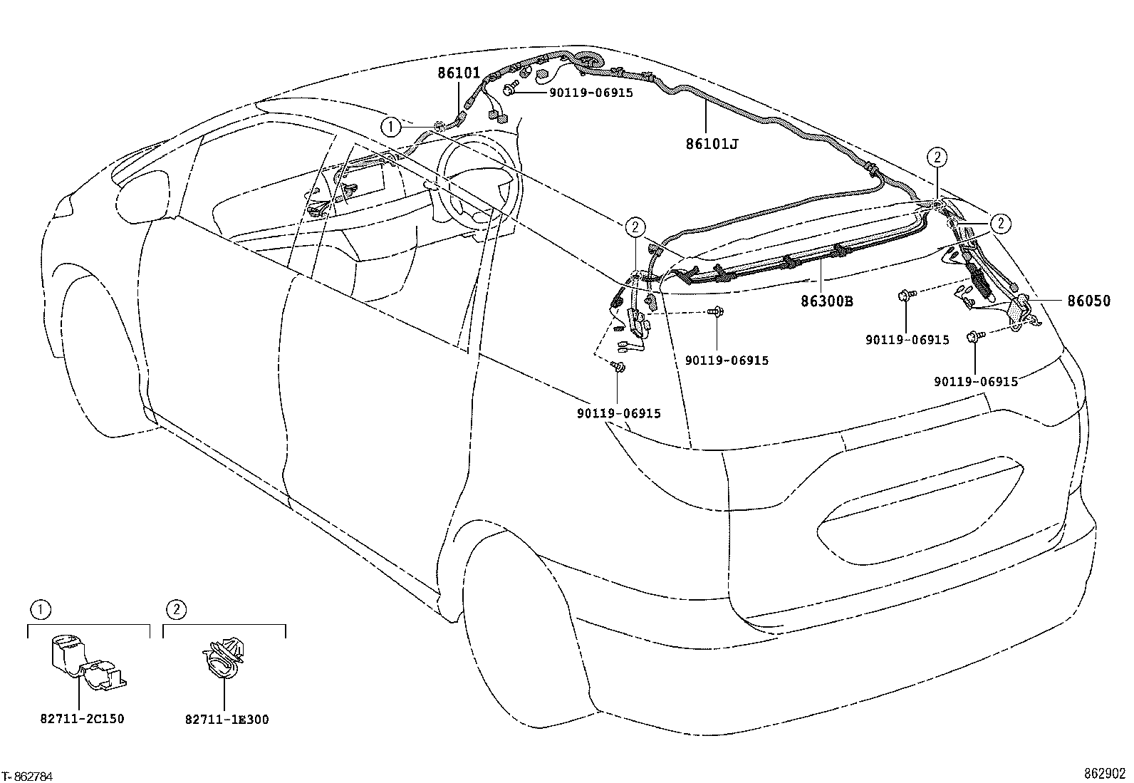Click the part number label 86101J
[x=712, y=144]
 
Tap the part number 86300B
[x=826, y=301]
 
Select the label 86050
[x=1088, y=301]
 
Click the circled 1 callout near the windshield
[x=390, y=127]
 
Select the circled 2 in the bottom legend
[x=176, y=610]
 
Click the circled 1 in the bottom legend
[x=41, y=610]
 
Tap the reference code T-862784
[x=28, y=776]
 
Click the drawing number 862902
[x=1105, y=774]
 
